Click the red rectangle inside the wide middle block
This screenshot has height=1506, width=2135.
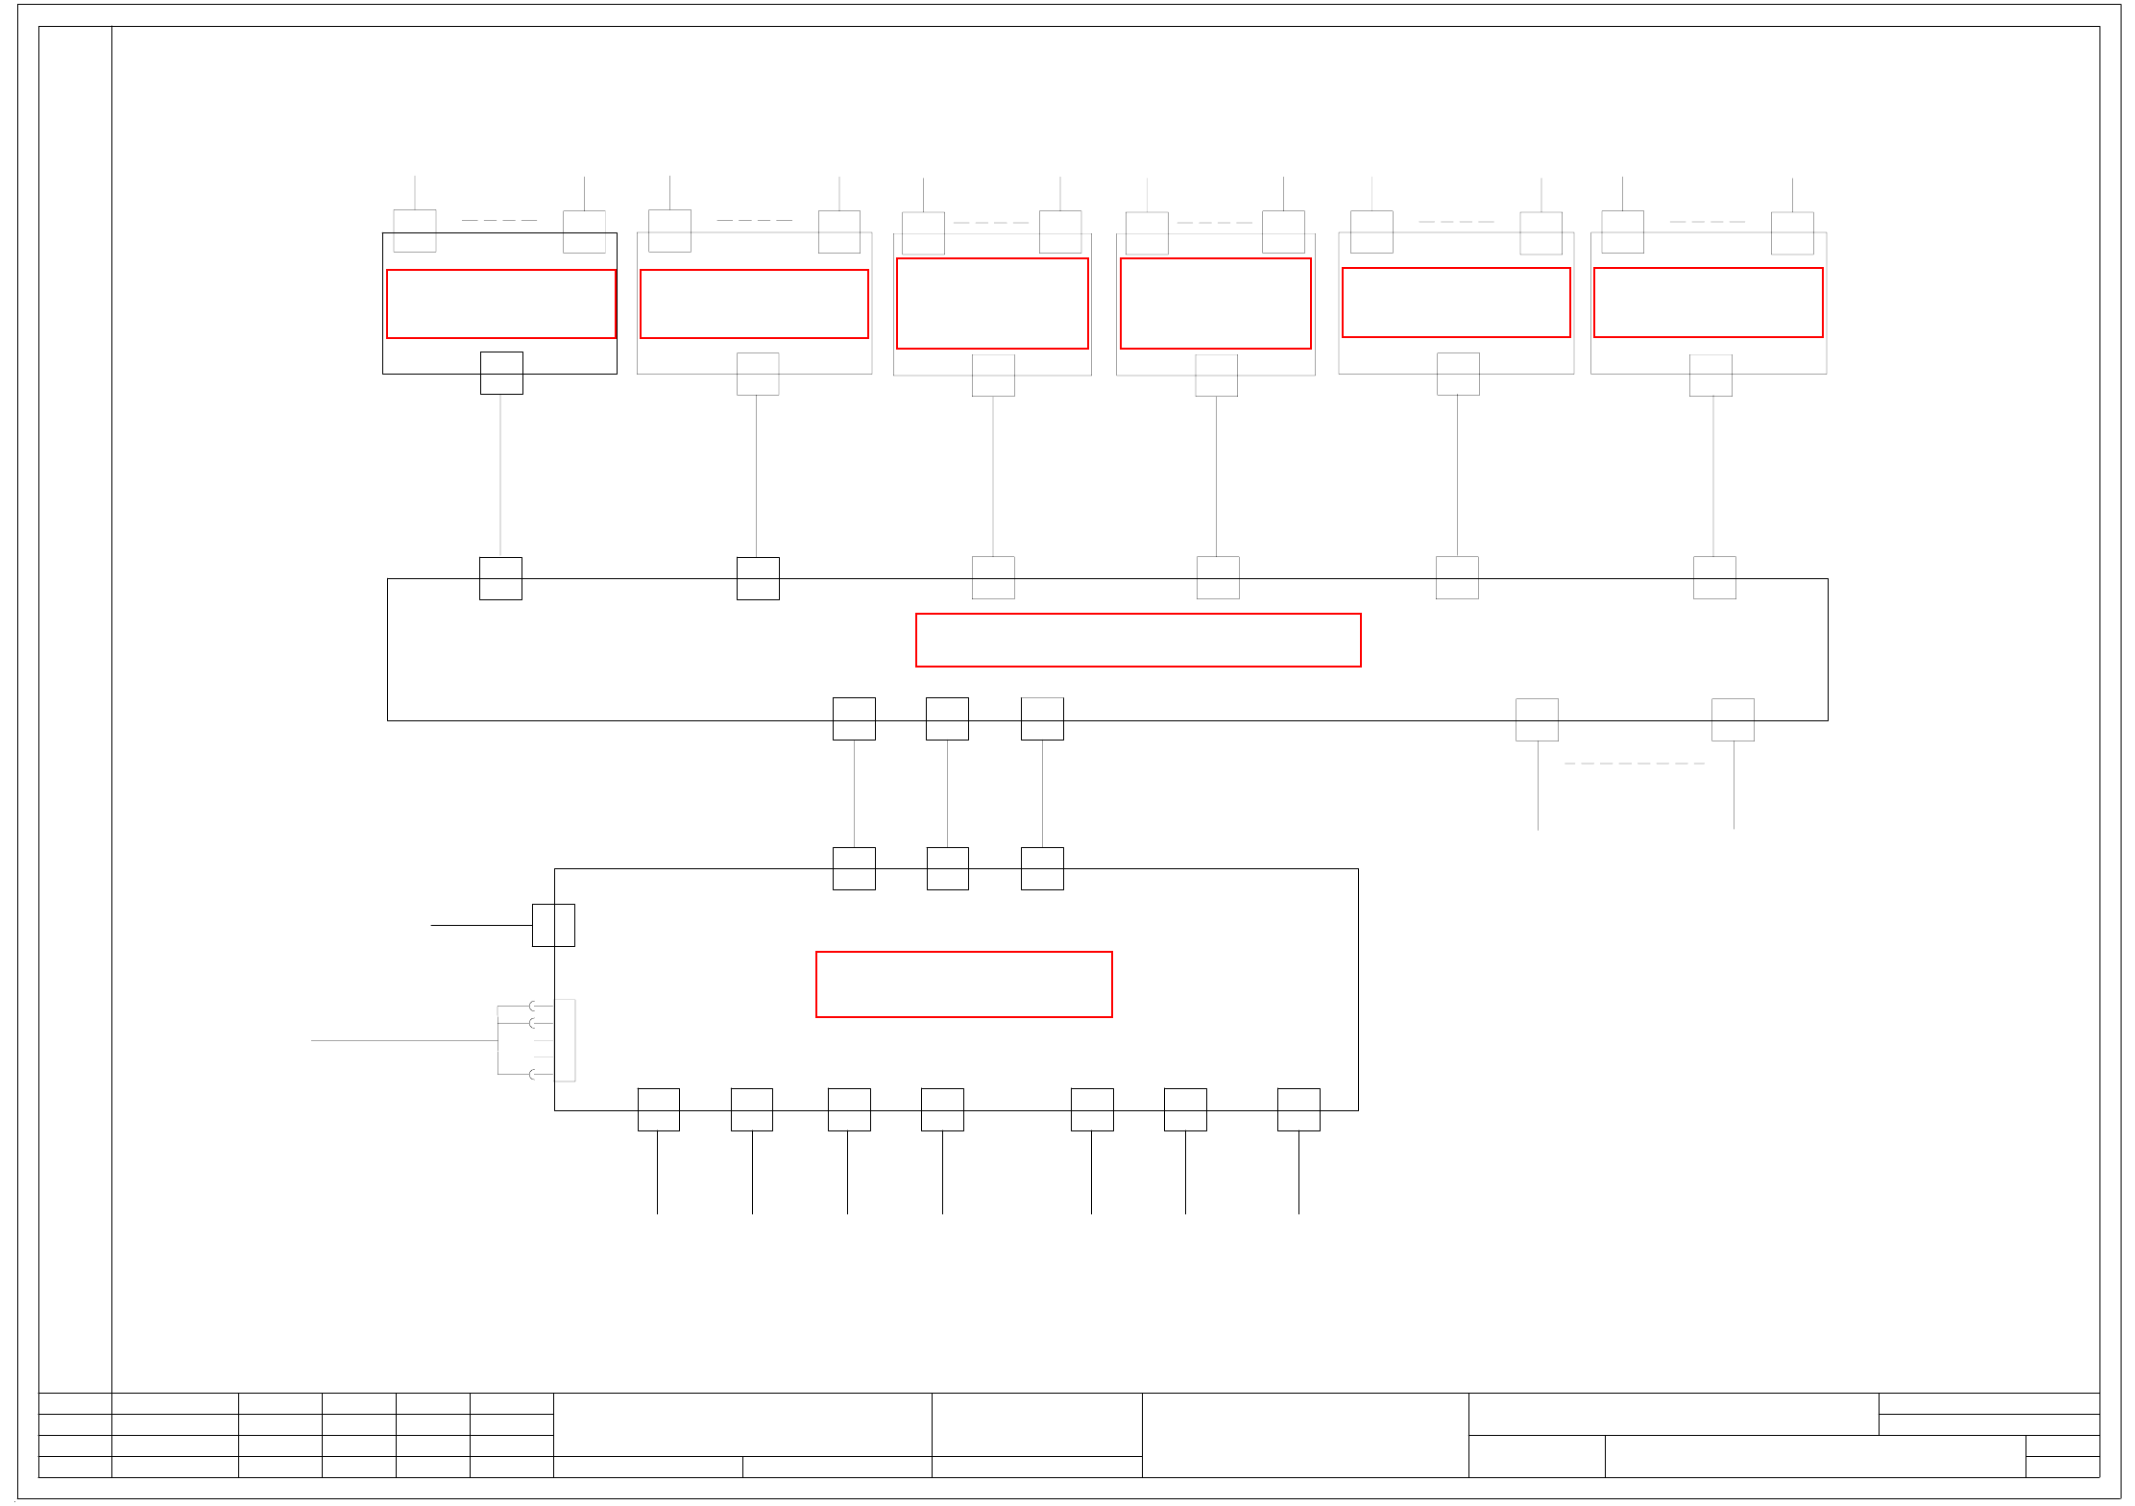pos(1138,640)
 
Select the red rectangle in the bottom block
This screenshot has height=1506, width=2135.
pos(963,984)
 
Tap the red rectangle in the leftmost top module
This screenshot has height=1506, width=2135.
pos(500,304)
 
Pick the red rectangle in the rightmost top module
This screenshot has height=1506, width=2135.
pos(1708,303)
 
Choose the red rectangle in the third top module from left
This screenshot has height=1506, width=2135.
pos(992,304)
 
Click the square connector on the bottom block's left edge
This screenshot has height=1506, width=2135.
pos(553,925)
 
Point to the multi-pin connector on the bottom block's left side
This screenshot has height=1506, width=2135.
pos(565,1040)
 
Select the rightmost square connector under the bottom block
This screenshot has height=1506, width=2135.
pos(1298,1109)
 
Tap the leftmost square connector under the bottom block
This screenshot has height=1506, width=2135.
pos(658,1109)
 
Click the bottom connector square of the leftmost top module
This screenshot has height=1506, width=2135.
pos(501,373)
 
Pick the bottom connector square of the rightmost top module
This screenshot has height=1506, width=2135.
pos(1710,376)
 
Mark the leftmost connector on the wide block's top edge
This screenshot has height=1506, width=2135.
pos(500,578)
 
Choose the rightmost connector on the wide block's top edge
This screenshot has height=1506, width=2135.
pos(1714,577)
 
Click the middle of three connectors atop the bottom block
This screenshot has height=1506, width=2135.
pos(947,868)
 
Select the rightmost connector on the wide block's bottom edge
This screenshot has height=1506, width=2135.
pos(1733,719)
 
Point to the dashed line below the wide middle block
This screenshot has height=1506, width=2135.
pos(1635,764)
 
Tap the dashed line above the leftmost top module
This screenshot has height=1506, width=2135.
pos(499,221)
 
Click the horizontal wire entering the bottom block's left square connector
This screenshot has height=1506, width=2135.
pos(481,925)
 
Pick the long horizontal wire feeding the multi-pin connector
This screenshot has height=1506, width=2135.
pos(403,1040)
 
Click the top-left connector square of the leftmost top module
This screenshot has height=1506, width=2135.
pos(415,231)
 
